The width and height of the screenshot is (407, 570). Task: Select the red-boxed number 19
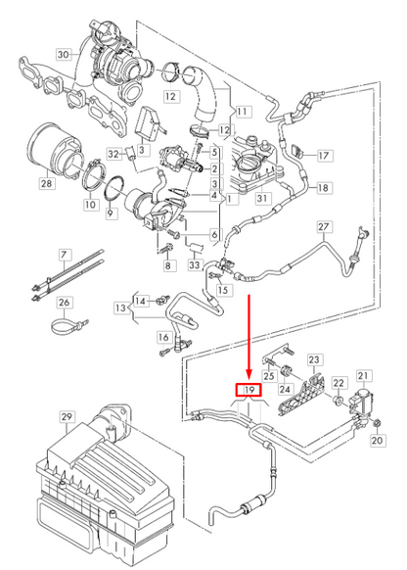pyautogui.click(x=249, y=390)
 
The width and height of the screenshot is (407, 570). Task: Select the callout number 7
pyautogui.click(x=65, y=256)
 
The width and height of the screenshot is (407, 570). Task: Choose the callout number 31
pyautogui.click(x=262, y=200)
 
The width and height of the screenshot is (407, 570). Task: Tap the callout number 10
pyautogui.click(x=90, y=205)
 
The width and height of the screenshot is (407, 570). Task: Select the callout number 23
pyautogui.click(x=315, y=360)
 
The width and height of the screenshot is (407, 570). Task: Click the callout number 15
pyautogui.click(x=224, y=290)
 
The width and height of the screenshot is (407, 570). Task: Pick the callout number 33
pyautogui.click(x=195, y=264)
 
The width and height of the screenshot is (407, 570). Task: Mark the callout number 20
pyautogui.click(x=377, y=441)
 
